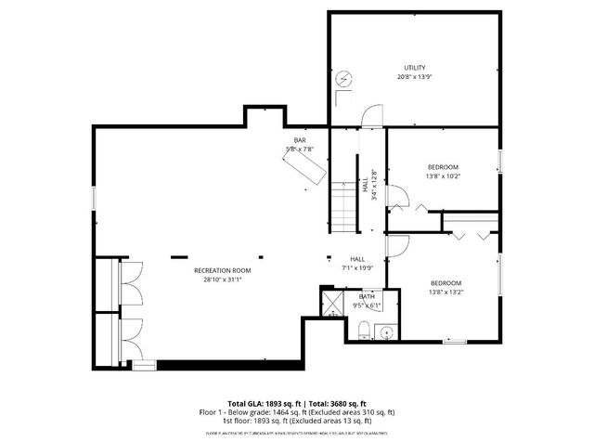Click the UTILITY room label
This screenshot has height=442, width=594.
click(x=413, y=68)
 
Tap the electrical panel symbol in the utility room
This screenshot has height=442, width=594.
click(x=345, y=80)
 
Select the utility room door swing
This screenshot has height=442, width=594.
click(x=371, y=115)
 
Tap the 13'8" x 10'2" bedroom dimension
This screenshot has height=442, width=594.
click(x=443, y=176)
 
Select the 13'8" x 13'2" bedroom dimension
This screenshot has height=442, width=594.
click(x=445, y=292)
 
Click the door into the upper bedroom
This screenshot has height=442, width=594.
click(x=394, y=198)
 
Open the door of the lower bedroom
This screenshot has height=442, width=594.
click(x=394, y=245)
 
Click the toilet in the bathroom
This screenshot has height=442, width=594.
click(x=363, y=330)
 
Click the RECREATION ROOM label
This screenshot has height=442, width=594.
click(x=222, y=270)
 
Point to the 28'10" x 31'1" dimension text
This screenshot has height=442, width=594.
click(x=222, y=279)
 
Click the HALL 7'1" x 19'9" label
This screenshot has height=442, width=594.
click(x=356, y=264)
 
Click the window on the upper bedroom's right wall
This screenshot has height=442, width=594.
click(x=499, y=160)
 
